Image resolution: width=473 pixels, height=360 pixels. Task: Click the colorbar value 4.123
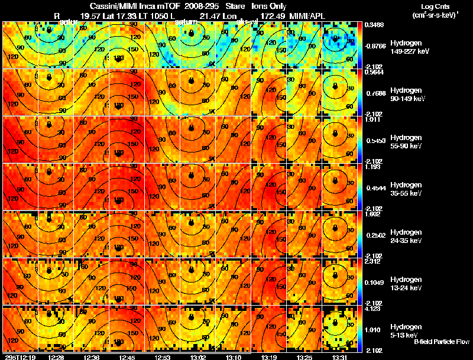point(372,309)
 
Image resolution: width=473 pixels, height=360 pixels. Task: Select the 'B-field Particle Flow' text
point(441,342)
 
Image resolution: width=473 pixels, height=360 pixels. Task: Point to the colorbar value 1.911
point(372,119)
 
